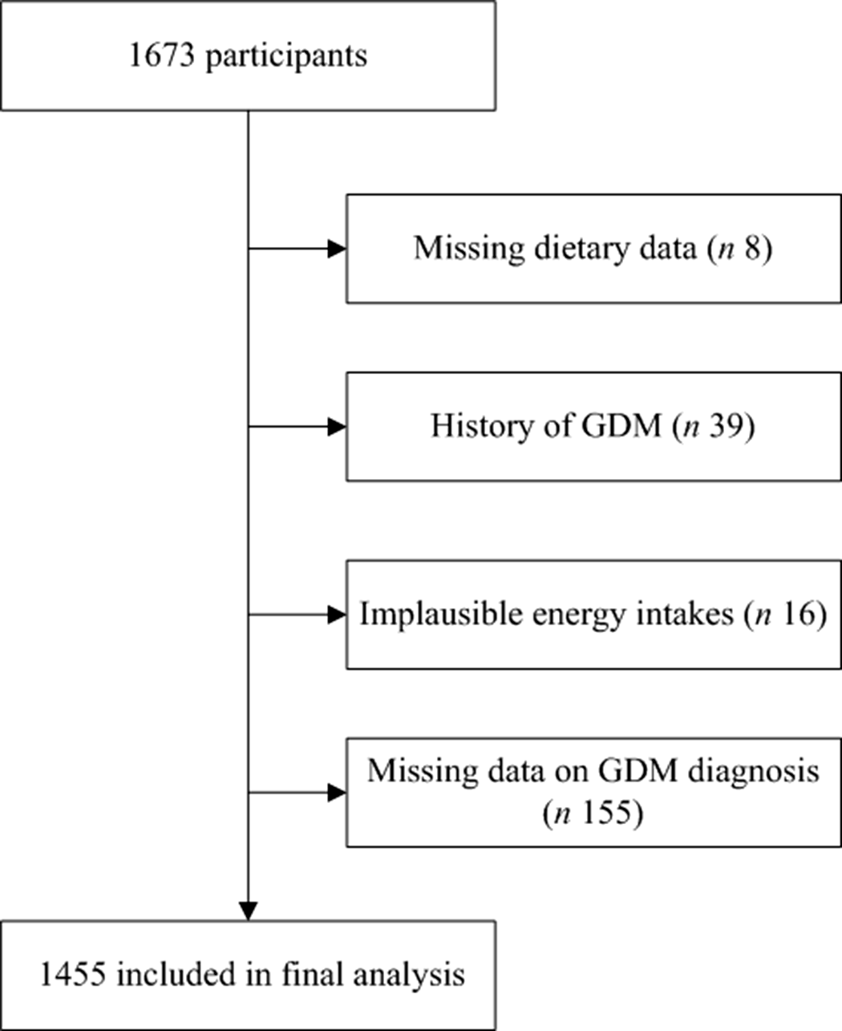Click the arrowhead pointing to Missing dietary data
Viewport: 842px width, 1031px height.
tap(337, 249)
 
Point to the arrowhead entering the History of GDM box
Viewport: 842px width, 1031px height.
tap(337, 427)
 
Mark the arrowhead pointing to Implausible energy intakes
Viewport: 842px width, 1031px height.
tap(337, 615)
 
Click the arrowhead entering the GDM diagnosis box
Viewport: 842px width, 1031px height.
tap(337, 793)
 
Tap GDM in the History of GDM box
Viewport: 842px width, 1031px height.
tap(626, 426)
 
